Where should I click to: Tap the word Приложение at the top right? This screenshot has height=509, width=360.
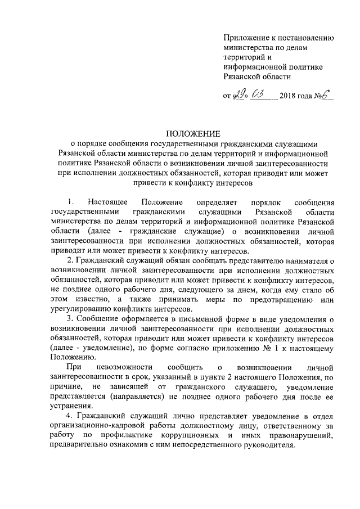coord(244,38)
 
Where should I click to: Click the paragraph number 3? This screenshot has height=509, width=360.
coord(69,319)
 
